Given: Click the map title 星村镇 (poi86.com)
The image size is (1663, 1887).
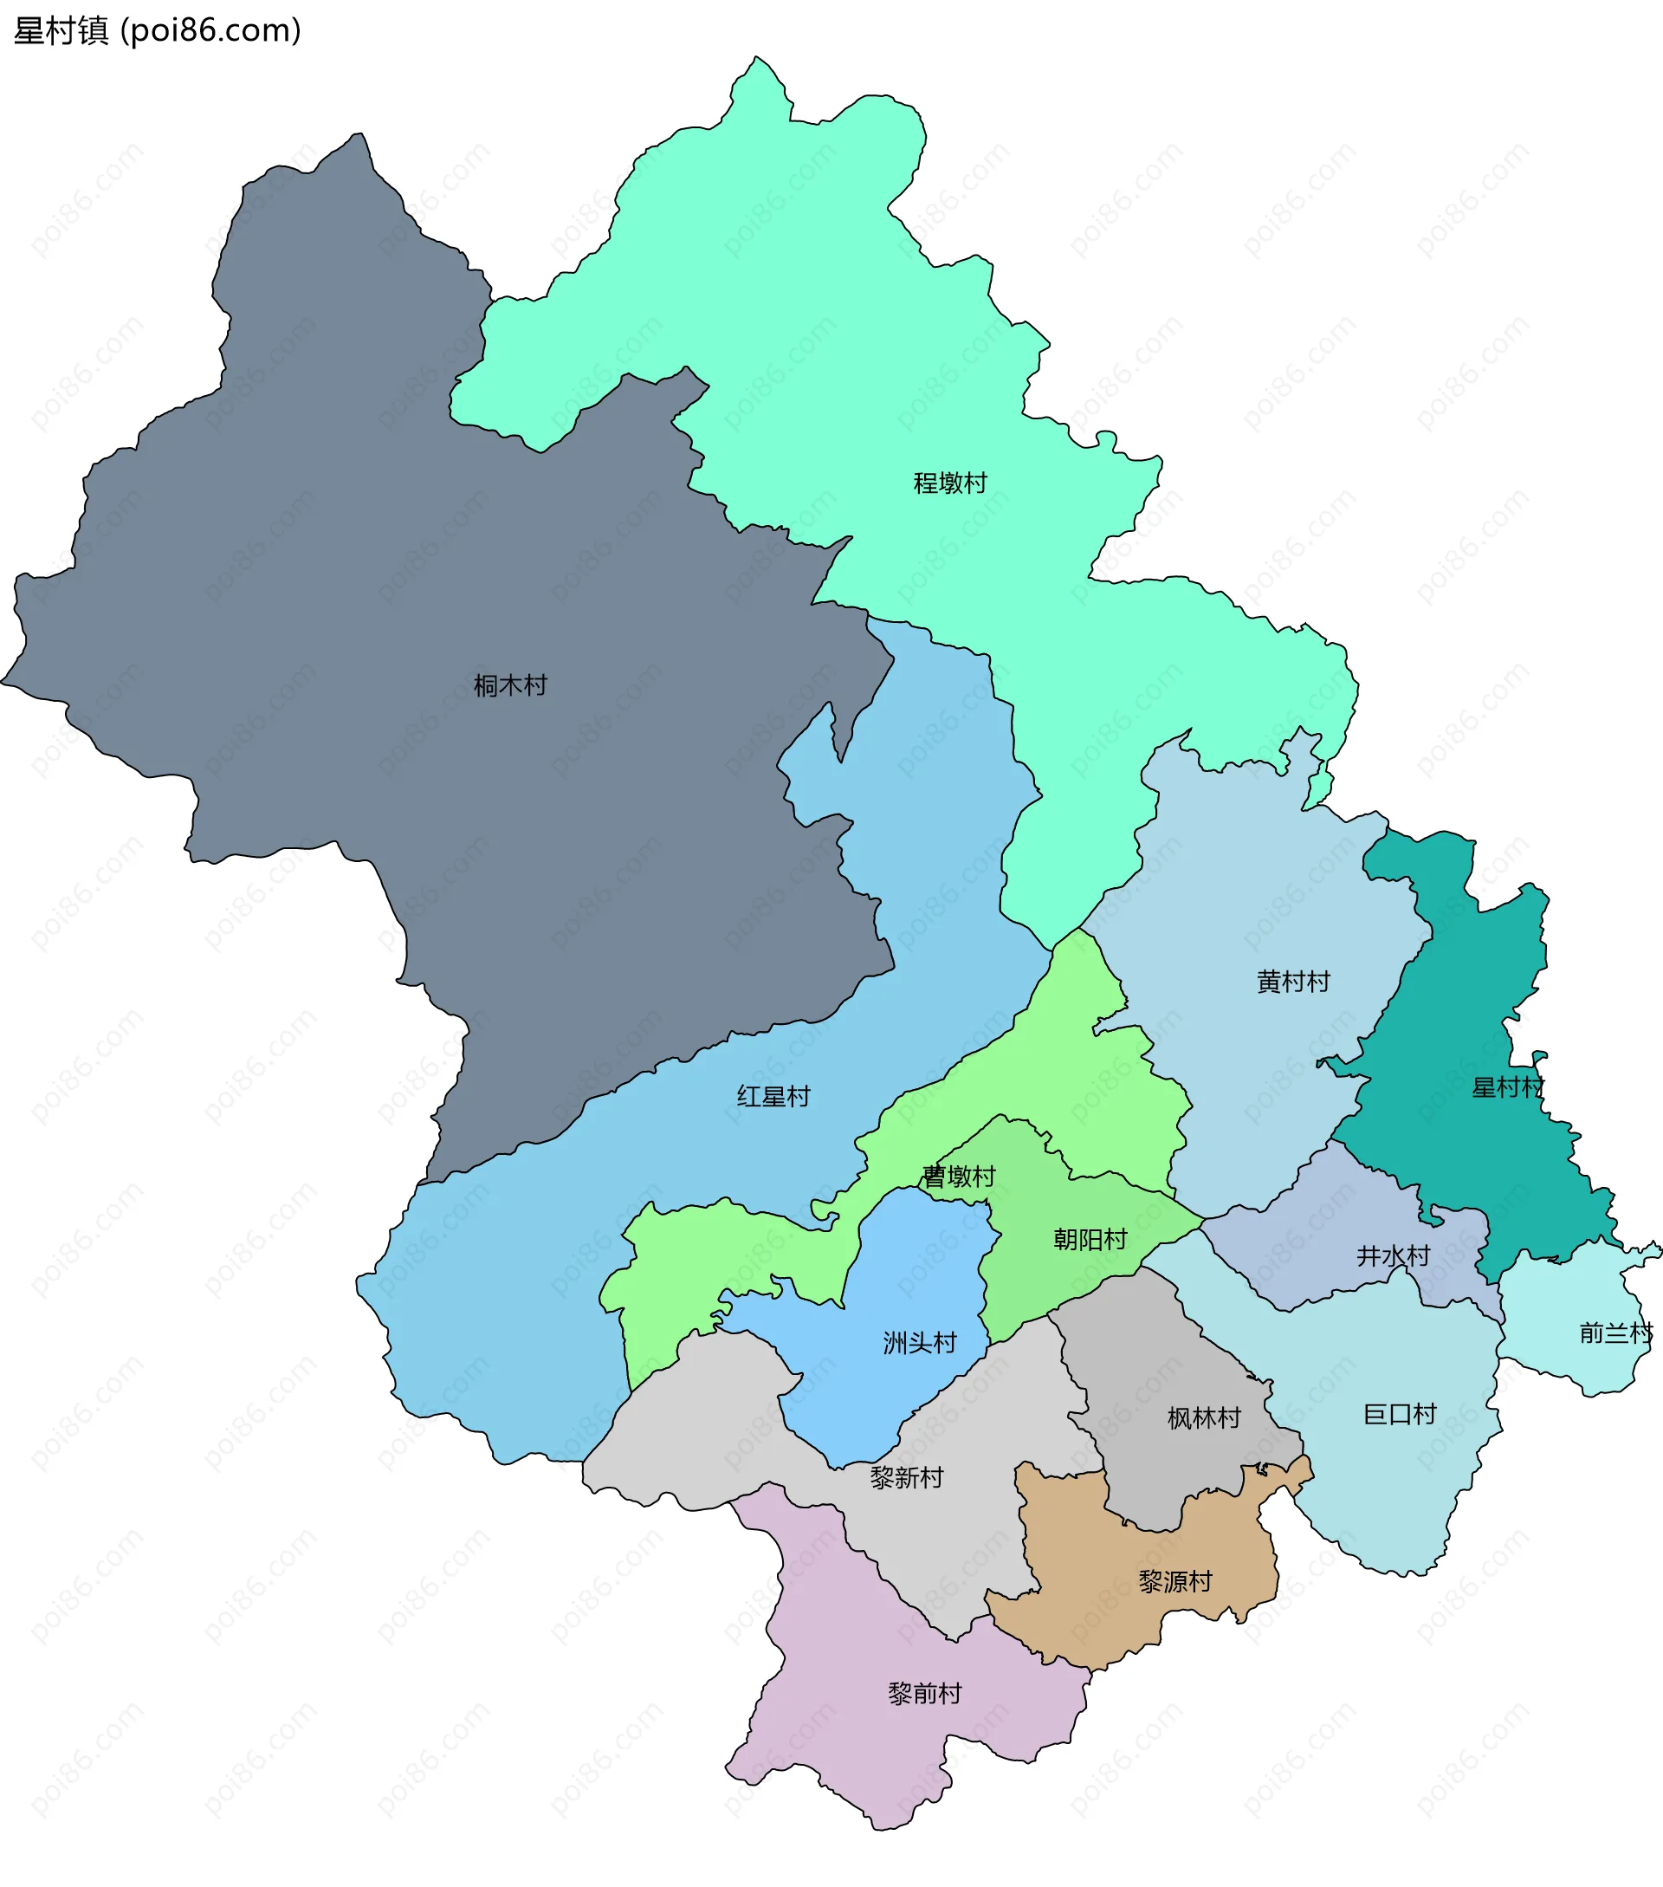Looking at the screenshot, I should pyautogui.click(x=157, y=30).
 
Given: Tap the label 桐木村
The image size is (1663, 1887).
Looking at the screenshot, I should pyautogui.click(x=509, y=686).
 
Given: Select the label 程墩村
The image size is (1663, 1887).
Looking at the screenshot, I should pyautogui.click(x=949, y=483).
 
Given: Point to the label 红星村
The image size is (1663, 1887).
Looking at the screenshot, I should pyautogui.click(x=773, y=1097).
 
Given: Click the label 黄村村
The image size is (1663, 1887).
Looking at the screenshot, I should pyautogui.click(x=1293, y=982).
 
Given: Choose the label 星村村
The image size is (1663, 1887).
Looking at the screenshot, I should pyautogui.click(x=1507, y=1087).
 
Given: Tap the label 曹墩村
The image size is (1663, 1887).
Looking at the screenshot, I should pyautogui.click(x=959, y=1177).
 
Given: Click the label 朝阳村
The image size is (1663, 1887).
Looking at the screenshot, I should pyautogui.click(x=1090, y=1239).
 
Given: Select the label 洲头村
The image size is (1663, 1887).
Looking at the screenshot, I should pyautogui.click(x=919, y=1342).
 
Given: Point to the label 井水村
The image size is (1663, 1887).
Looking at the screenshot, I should pyautogui.click(x=1393, y=1255).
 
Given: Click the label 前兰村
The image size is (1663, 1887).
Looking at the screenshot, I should pyautogui.click(x=1615, y=1333).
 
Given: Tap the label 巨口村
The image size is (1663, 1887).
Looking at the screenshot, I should pyautogui.click(x=1399, y=1414).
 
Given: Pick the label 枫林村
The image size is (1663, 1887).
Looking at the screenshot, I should pyautogui.click(x=1203, y=1418).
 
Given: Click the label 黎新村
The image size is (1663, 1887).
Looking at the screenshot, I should pyautogui.click(x=906, y=1478).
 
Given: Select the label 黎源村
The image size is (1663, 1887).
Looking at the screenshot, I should pyautogui.click(x=1174, y=1581).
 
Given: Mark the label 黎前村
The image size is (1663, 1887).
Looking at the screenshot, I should pyautogui.click(x=925, y=1693).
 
